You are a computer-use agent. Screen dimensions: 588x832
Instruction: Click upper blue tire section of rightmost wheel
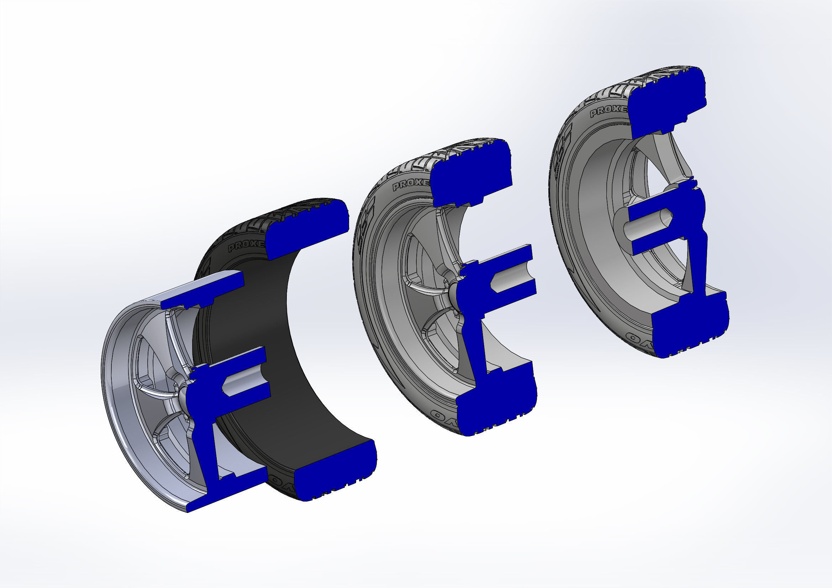667,105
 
